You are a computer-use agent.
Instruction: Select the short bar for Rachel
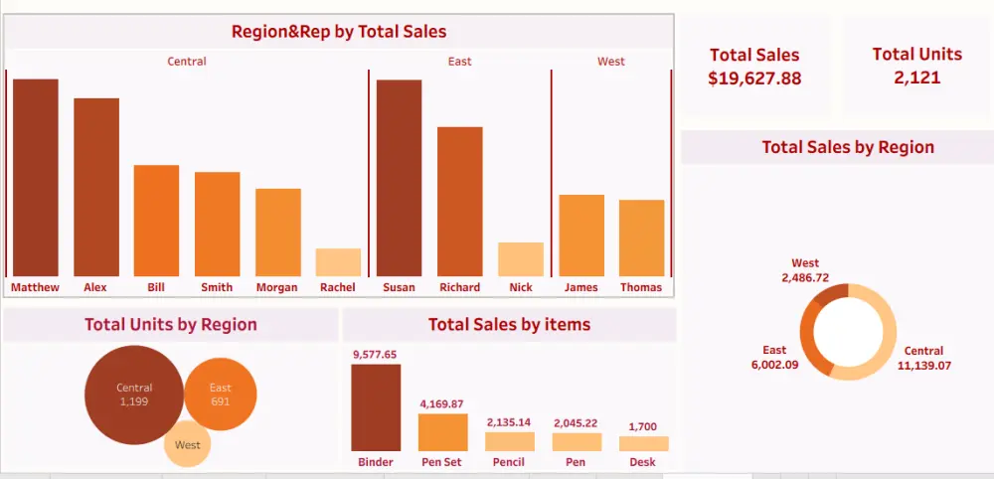click(338, 262)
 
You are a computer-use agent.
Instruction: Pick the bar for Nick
click(520, 259)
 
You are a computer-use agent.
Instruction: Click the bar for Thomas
click(641, 238)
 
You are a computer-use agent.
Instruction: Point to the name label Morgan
click(277, 288)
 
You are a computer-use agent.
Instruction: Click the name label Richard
click(459, 288)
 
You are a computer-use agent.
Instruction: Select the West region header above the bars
click(611, 62)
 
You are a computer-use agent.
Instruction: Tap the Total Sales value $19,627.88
click(754, 79)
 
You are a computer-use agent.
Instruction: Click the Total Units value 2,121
click(916, 78)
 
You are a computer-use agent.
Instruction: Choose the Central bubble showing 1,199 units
click(134, 395)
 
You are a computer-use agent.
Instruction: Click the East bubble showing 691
click(221, 395)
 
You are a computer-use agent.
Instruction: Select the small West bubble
click(188, 444)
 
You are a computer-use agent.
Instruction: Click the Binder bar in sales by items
click(376, 408)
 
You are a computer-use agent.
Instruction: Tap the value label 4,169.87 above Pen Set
click(442, 404)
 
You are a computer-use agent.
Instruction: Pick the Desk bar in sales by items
click(643, 444)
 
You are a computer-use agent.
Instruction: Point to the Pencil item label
click(510, 462)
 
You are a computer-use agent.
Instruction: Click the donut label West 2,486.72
click(805, 270)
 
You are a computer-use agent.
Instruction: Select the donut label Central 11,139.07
click(923, 358)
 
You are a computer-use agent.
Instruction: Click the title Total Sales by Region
click(848, 147)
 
